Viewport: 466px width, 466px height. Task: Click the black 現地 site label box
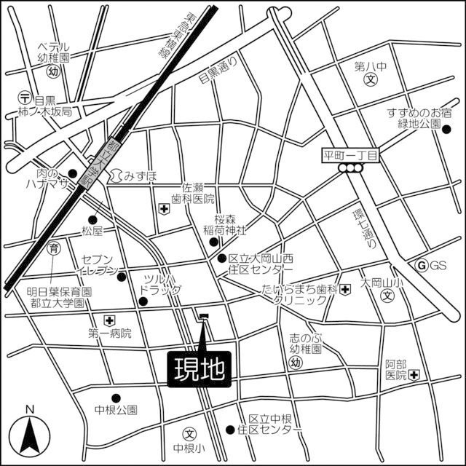(200, 368)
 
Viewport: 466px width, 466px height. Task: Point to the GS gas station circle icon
(421, 265)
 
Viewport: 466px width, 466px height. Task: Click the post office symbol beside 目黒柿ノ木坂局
(25, 96)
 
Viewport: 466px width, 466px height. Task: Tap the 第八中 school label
(370, 67)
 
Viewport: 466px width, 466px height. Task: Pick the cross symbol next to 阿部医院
(414, 375)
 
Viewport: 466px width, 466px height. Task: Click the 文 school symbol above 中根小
(190, 433)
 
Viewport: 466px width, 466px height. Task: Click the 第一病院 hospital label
(110, 333)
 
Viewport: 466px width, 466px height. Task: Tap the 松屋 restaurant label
(94, 232)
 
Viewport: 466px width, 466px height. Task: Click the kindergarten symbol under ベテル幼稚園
(52, 72)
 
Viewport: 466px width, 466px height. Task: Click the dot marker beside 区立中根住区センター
(231, 430)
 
